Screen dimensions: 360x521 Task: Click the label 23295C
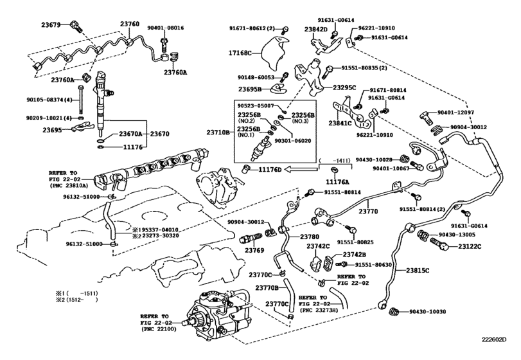(x=345, y=87)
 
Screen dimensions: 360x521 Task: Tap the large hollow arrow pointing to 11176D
(x=300, y=170)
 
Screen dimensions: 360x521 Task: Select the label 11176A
(x=336, y=182)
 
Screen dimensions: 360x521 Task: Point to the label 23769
(x=254, y=250)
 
